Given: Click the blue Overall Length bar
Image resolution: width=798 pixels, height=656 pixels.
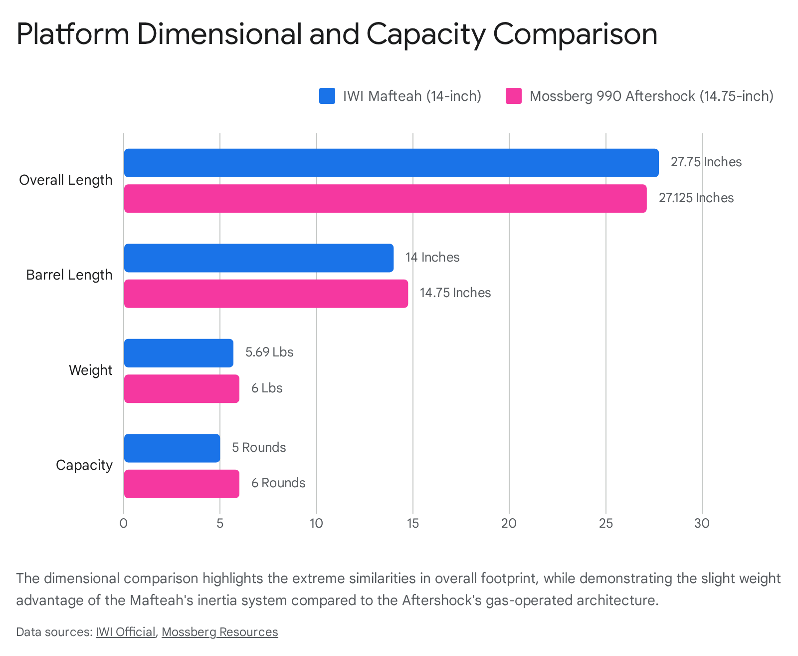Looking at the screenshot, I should [391, 163].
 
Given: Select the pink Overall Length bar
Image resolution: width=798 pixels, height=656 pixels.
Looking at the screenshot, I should [385, 199].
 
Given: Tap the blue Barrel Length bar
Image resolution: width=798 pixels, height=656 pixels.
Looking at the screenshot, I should [258, 258].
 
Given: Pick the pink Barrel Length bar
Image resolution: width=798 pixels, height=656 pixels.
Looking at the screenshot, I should [266, 294].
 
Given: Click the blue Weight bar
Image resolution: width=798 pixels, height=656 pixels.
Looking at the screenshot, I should [179, 353].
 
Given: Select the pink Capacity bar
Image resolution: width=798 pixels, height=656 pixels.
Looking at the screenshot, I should [182, 484].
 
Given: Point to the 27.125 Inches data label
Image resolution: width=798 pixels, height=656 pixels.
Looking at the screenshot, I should [696, 198].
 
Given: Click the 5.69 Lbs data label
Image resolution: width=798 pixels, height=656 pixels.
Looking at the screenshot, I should [269, 352].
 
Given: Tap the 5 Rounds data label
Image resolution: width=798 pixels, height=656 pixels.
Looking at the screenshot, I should [259, 447].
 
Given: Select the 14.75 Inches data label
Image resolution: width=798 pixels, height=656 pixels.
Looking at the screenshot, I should [455, 293].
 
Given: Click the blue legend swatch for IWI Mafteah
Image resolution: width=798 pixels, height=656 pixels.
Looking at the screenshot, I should [327, 96].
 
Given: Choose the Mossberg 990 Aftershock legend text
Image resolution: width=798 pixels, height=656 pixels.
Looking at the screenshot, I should [651, 96].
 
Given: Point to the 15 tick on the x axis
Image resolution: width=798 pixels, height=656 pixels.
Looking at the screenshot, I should [412, 524].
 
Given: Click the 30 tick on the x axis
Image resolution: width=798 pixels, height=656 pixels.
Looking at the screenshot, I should [702, 524].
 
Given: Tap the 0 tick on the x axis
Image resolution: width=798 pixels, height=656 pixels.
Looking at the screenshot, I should [124, 524].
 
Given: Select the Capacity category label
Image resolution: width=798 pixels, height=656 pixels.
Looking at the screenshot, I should [84, 465].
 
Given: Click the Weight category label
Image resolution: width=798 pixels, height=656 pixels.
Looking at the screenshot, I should [90, 370].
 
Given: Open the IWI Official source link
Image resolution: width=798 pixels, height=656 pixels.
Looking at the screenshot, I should [125, 632].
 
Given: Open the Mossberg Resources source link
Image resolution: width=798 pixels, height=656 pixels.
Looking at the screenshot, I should [219, 632].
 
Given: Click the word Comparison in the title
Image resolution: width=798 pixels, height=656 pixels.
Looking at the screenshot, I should [575, 34].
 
